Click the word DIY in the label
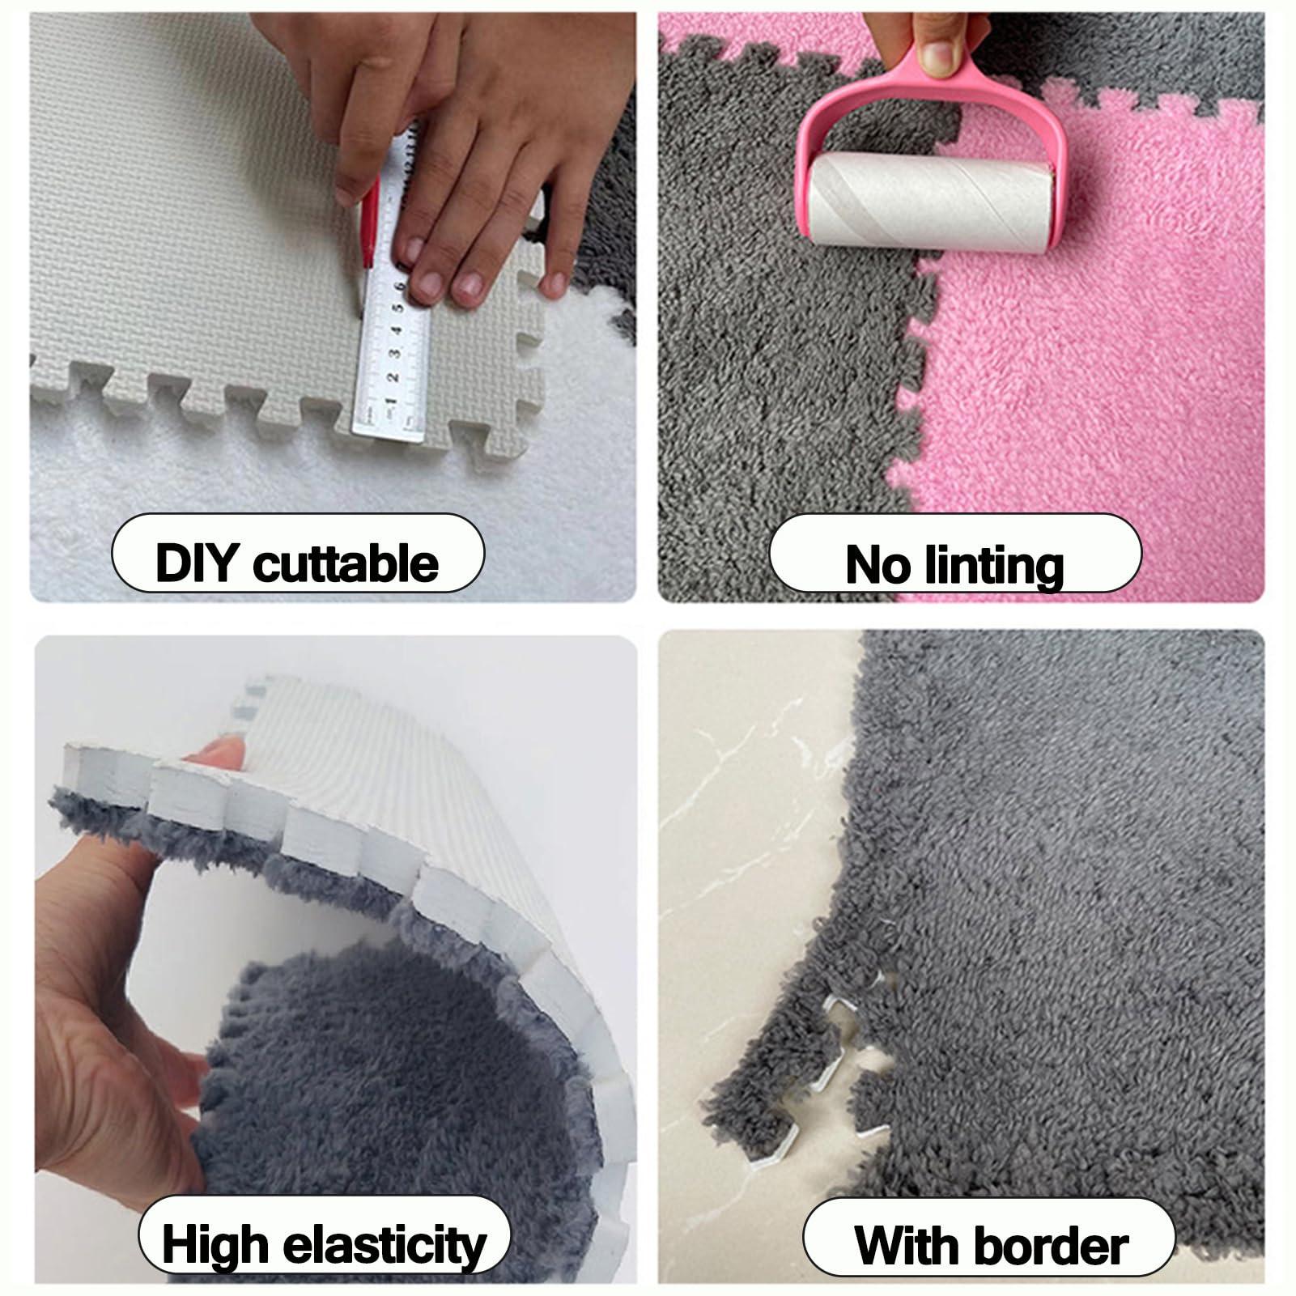[x=198, y=562]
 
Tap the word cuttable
[x=346, y=562]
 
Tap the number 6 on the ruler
[x=401, y=287]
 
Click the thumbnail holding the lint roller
[x=938, y=55]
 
